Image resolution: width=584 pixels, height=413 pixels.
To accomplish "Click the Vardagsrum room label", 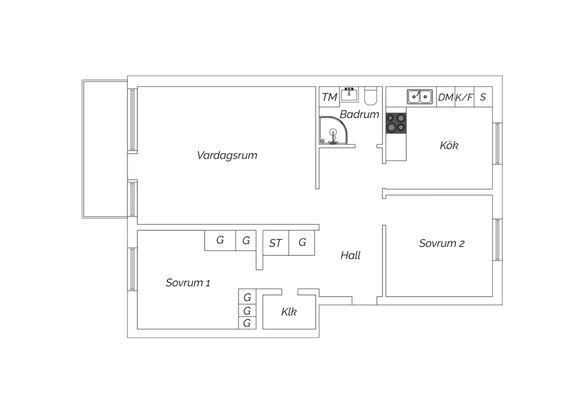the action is pos(227,155).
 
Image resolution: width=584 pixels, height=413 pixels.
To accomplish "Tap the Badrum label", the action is pos(359,114).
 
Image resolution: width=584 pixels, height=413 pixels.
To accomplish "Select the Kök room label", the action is pos(449,145).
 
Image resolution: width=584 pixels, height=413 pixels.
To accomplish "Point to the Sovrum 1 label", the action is pos(188,283).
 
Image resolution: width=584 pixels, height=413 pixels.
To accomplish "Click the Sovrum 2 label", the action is pos(442,244).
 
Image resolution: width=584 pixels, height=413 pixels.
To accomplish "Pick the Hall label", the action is pos(350,255).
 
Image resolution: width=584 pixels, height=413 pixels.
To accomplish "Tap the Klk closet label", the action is pos(289,312).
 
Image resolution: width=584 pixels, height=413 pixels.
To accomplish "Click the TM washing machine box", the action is pos(329,97).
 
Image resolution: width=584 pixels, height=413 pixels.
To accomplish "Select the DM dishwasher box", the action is pos(445,97).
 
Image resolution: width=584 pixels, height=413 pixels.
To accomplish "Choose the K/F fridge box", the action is pos(464,97).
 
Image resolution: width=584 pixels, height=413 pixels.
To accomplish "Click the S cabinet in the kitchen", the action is pos(483,97).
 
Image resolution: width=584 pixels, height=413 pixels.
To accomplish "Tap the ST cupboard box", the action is pos(276,243).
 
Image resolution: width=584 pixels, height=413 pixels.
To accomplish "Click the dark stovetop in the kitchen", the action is pos(396,123).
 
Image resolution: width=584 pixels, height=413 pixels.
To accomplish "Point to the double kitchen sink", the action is pos(420,97).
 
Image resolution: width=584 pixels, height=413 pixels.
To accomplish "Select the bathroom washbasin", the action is pos(349,94).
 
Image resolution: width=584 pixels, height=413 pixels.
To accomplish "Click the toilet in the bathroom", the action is pos(371,96).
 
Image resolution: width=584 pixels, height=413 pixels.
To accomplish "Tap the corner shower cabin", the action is pos(333,130).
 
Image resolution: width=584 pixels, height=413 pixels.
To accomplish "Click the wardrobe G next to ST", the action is pos(302,243).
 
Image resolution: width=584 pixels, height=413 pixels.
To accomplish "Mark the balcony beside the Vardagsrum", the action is pos(105,149).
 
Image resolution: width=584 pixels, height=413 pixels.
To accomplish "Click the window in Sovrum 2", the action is pos(498,240).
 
